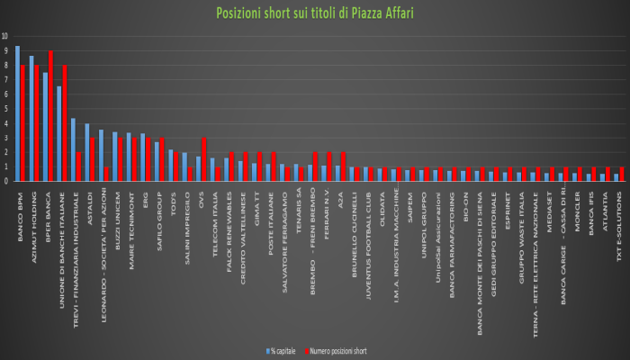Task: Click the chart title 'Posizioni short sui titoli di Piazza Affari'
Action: point(314,13)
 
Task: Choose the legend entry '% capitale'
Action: point(283,350)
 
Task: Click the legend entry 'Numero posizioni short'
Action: point(340,350)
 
